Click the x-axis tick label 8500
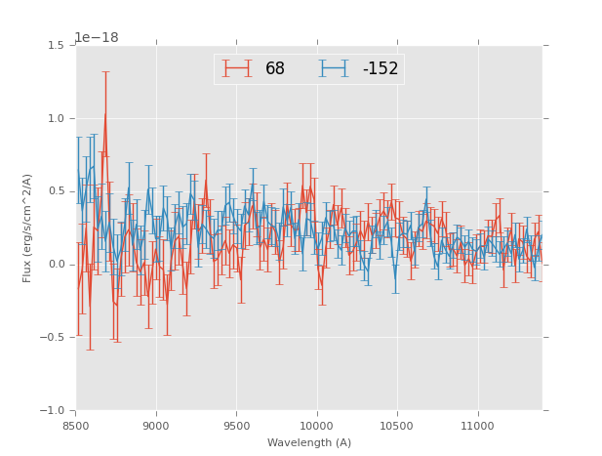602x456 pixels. pyautogui.click(x=76, y=426)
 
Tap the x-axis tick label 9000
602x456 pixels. pyautogui.click(x=156, y=426)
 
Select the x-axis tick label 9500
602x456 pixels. pyautogui.click(x=236, y=426)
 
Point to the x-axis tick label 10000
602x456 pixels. pyautogui.click(x=317, y=426)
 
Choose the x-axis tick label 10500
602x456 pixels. pyautogui.click(x=397, y=426)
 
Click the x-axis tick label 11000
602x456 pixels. pyautogui.click(x=478, y=426)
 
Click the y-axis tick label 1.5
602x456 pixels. pyautogui.click(x=56, y=46)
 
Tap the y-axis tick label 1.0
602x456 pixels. pyautogui.click(x=56, y=119)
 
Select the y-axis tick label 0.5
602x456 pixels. pyautogui.click(x=56, y=191)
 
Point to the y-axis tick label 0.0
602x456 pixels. pyautogui.click(x=56, y=265)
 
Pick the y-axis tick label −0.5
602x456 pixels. pyautogui.click(x=53, y=338)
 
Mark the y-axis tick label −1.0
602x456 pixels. pyautogui.click(x=53, y=411)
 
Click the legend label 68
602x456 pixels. pyautogui.click(x=275, y=69)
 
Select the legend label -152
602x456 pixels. pyautogui.click(x=381, y=69)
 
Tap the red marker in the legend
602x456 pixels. pyautogui.click(x=236, y=68)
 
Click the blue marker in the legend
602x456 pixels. pyautogui.click(x=334, y=68)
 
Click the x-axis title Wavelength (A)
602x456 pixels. pyautogui.click(x=309, y=442)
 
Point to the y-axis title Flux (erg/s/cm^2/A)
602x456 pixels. pyautogui.click(x=28, y=228)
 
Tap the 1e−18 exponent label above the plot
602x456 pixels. pyautogui.click(x=97, y=38)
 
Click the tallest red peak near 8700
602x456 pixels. pyautogui.click(x=105, y=113)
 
